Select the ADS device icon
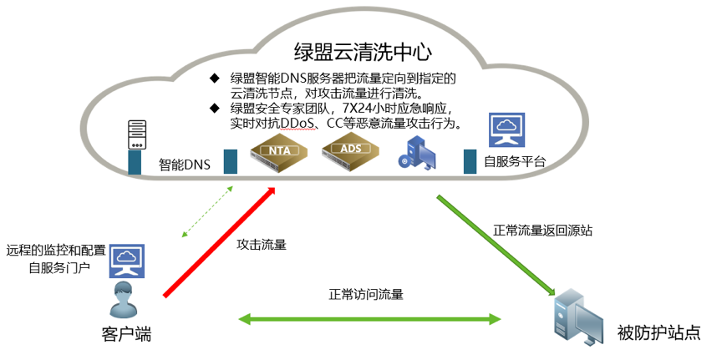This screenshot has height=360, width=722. click(350, 150)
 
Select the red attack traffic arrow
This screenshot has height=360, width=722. click(220, 241)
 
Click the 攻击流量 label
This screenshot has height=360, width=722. click(262, 245)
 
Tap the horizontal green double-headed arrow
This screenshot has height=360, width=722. click(370, 318)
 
